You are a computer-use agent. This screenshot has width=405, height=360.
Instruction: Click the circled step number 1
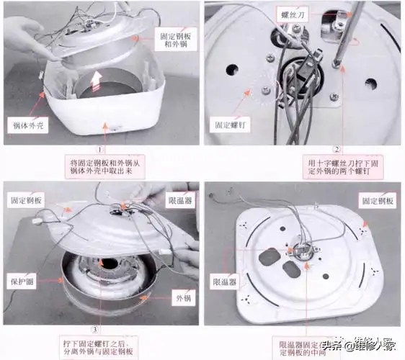click(102, 150)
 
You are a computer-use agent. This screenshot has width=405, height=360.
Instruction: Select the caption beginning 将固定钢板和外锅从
click(108, 168)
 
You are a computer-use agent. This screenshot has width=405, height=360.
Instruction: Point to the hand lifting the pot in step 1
click(22, 32)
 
